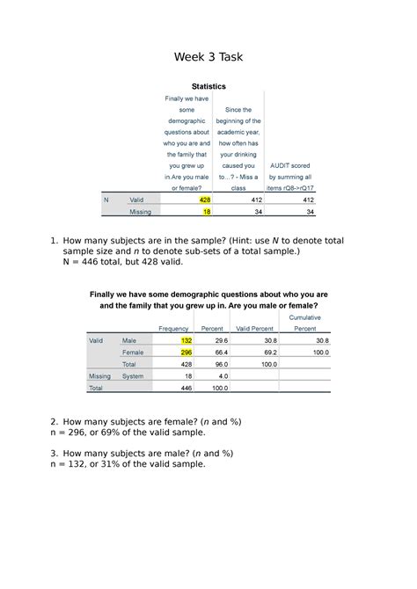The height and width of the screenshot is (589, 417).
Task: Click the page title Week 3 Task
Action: pyautogui.click(x=208, y=57)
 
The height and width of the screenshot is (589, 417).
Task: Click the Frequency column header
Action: pyautogui.click(x=173, y=329)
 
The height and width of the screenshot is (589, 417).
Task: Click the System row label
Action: pyautogui.click(x=133, y=375)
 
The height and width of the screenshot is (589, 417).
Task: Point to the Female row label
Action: pyautogui.click(x=133, y=352)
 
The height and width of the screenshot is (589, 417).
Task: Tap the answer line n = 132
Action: pyautogui.click(x=132, y=464)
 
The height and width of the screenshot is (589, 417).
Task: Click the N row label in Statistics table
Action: pyautogui.click(x=106, y=200)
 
